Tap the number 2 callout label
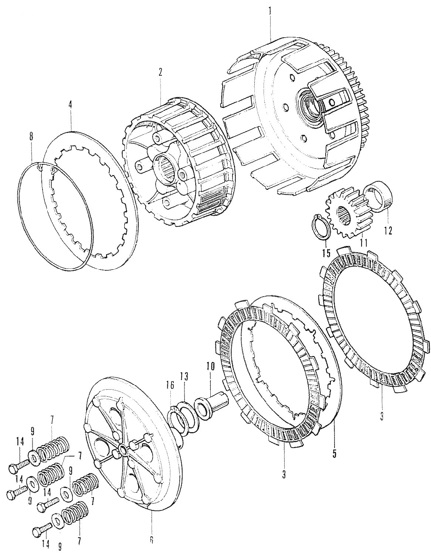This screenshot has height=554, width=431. click(160, 72)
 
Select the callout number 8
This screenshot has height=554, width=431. click(31, 136)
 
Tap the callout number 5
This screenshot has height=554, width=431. click(334, 454)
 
